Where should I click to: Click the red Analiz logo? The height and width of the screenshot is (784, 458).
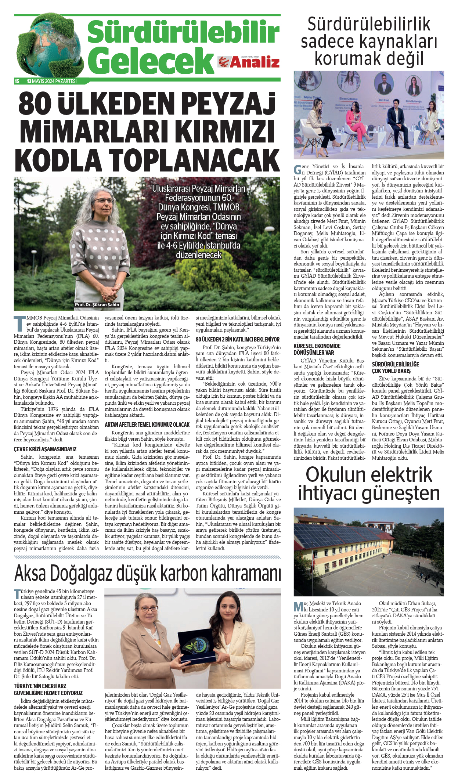tap(249, 62)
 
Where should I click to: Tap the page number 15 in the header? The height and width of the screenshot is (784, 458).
tap(17, 82)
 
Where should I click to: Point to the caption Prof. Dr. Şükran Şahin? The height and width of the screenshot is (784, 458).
tap(97, 304)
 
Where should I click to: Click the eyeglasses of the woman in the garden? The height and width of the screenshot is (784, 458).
tap(103, 201)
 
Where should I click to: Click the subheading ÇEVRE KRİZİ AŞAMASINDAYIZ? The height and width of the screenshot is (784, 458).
tap(45, 449)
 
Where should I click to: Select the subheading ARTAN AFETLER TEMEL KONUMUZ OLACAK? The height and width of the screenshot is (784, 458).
tap(147, 424)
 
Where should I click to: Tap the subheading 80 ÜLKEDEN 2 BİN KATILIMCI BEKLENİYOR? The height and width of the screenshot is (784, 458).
tap(238, 339)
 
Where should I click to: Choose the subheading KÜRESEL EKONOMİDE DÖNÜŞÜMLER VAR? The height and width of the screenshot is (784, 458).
tap(317, 349)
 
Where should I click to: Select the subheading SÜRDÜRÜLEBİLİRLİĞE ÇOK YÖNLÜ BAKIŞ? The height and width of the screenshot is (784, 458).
tap(395, 368)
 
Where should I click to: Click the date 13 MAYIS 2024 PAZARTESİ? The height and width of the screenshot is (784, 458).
tap(52, 82)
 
